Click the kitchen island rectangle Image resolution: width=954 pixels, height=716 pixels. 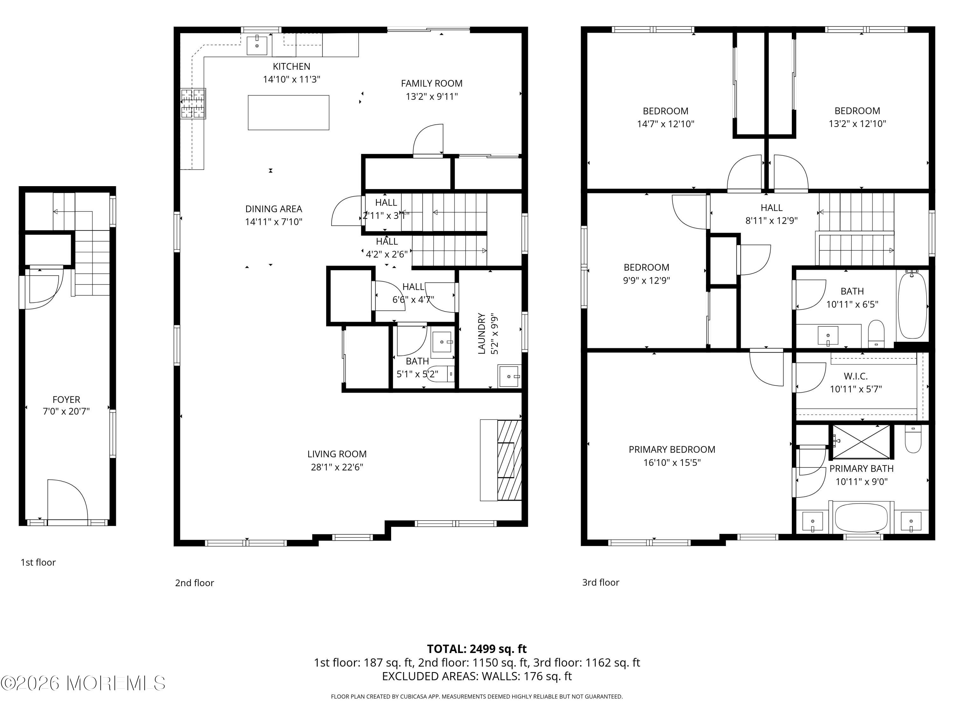(x=288, y=112)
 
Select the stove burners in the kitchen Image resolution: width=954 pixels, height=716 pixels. (x=193, y=103)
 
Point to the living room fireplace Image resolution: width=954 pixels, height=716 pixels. (x=501, y=460)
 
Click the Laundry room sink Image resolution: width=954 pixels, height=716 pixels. (x=509, y=376)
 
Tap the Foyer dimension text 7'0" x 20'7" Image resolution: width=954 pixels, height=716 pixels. (x=66, y=411)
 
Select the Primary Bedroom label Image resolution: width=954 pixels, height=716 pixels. (x=672, y=449)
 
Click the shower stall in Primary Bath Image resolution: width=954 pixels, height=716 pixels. (x=861, y=441)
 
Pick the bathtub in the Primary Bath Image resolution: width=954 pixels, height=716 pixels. (x=861, y=517)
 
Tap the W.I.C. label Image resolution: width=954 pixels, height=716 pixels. (x=856, y=376)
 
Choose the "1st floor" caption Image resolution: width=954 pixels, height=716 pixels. (x=38, y=562)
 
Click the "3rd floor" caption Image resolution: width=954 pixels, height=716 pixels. (x=600, y=582)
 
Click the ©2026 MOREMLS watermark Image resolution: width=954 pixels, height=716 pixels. (x=83, y=683)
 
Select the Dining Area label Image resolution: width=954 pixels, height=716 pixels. (x=273, y=209)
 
